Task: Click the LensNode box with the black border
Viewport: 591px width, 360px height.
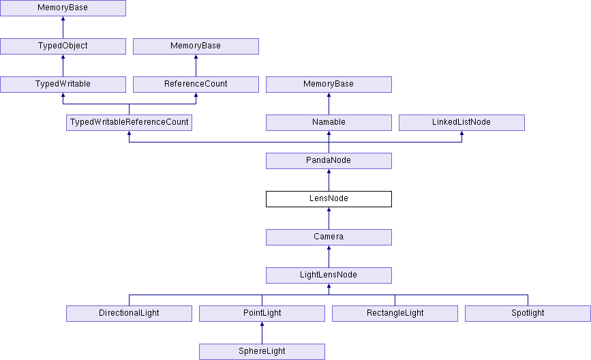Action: [329, 199]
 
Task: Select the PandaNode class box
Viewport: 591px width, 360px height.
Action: [329, 161]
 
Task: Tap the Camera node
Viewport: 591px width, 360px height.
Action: [329, 237]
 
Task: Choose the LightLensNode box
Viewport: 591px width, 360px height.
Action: [329, 275]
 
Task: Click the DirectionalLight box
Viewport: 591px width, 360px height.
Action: [129, 314]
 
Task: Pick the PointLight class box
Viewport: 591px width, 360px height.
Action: [262, 314]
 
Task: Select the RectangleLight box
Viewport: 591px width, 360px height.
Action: [395, 314]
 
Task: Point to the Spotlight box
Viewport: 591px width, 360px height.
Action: [528, 314]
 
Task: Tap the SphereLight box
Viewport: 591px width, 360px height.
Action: [262, 352]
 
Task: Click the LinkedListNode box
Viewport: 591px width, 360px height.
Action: [461, 123]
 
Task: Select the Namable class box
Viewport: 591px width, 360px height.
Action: [329, 123]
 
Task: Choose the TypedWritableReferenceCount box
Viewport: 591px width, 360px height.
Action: [129, 123]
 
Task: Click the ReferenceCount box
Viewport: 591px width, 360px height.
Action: [196, 85]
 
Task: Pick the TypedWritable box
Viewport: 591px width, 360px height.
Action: [63, 85]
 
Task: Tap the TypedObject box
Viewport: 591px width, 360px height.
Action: [63, 46]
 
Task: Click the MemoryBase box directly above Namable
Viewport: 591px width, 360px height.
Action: [329, 85]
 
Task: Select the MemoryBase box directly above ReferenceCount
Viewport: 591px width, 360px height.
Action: [196, 46]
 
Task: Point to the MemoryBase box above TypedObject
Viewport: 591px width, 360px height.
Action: [63, 8]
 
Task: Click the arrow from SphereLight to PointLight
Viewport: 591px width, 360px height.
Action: [262, 333]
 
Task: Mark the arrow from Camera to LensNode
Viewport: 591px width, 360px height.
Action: [329, 218]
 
